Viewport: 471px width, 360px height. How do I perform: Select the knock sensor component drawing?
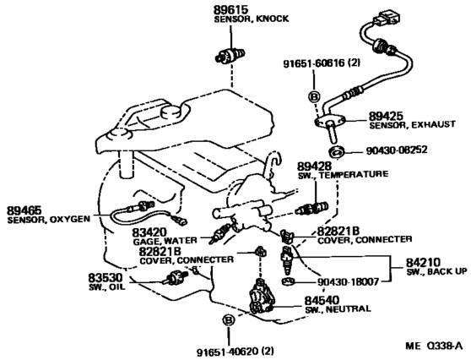pyautogui.click(x=230, y=55)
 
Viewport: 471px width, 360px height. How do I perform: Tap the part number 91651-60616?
pyautogui.click(x=314, y=63)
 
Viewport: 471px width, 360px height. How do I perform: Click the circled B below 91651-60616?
pyautogui.click(x=314, y=97)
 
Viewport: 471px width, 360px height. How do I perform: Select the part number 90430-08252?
pyautogui.click(x=396, y=150)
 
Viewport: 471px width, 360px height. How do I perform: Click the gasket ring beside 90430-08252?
pyautogui.click(x=337, y=151)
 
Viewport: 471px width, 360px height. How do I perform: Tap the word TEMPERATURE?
pyautogui.click(x=354, y=174)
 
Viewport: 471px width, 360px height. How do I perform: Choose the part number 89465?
pyautogui.click(x=24, y=210)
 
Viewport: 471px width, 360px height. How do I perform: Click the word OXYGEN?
pyautogui.click(x=70, y=219)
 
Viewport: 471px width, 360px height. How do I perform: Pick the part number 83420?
pyautogui.click(x=149, y=232)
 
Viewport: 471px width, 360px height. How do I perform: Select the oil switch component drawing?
pyautogui.click(x=175, y=277)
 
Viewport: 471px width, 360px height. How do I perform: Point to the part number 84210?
pyautogui.click(x=423, y=263)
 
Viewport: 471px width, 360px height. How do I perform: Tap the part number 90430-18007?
pyautogui.click(x=348, y=281)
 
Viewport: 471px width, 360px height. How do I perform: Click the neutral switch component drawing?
pyautogui.click(x=262, y=297)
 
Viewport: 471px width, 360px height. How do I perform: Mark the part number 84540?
pyautogui.click(x=322, y=300)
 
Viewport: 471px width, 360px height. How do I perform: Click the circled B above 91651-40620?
pyautogui.click(x=229, y=320)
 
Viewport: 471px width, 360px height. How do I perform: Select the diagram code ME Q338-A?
pyautogui.click(x=434, y=346)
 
